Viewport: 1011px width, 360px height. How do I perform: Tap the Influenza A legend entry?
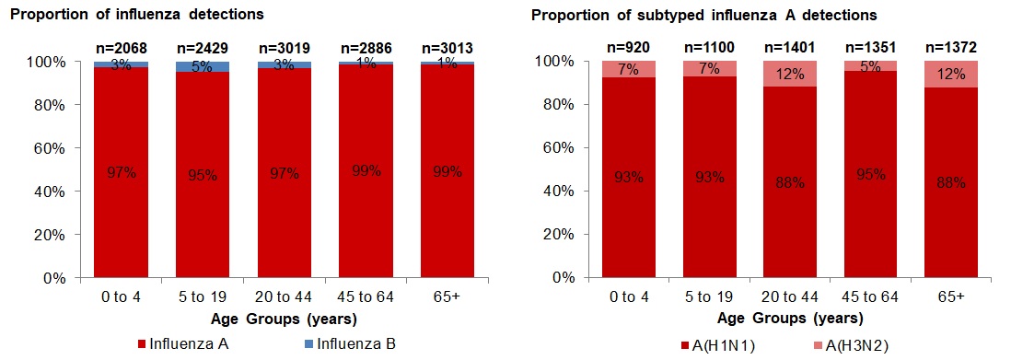(x=180, y=344)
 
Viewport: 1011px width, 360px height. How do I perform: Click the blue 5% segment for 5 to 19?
(x=202, y=66)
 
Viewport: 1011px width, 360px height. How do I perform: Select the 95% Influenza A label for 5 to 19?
(x=202, y=175)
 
